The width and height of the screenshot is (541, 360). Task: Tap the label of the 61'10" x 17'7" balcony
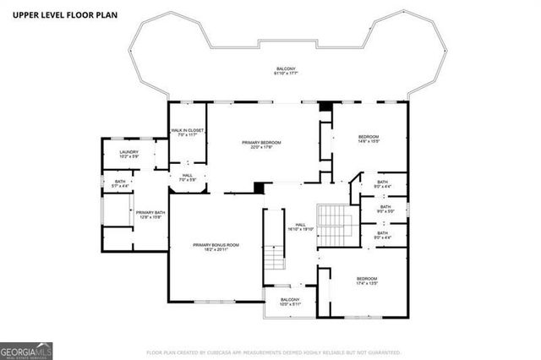287,72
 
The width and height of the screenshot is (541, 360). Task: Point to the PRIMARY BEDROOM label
261,145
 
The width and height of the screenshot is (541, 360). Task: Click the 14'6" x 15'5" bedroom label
368,139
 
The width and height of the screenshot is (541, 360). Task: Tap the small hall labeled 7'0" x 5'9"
188,178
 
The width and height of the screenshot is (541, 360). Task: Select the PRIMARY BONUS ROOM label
216,247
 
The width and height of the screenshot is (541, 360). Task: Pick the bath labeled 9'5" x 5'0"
385,209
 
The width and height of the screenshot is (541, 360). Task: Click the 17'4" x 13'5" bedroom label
366,281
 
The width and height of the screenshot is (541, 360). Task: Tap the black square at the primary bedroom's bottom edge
260,188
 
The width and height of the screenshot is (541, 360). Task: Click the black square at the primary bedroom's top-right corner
324,106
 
